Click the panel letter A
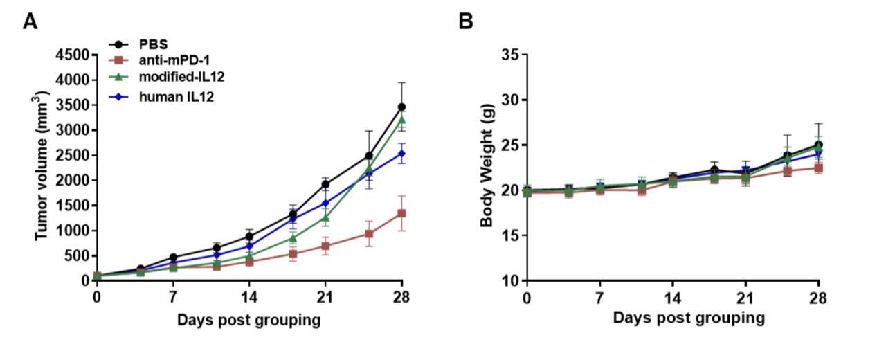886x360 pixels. tap(30, 21)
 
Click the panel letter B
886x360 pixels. tap(466, 21)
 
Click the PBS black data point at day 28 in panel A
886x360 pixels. tap(401, 107)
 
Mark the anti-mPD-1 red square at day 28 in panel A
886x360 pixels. tap(401, 213)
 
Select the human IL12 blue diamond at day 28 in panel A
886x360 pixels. tap(401, 154)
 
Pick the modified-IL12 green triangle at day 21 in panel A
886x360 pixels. tap(325, 217)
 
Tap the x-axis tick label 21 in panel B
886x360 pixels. tap(745, 298)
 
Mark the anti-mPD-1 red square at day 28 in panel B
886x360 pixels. tap(818, 168)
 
